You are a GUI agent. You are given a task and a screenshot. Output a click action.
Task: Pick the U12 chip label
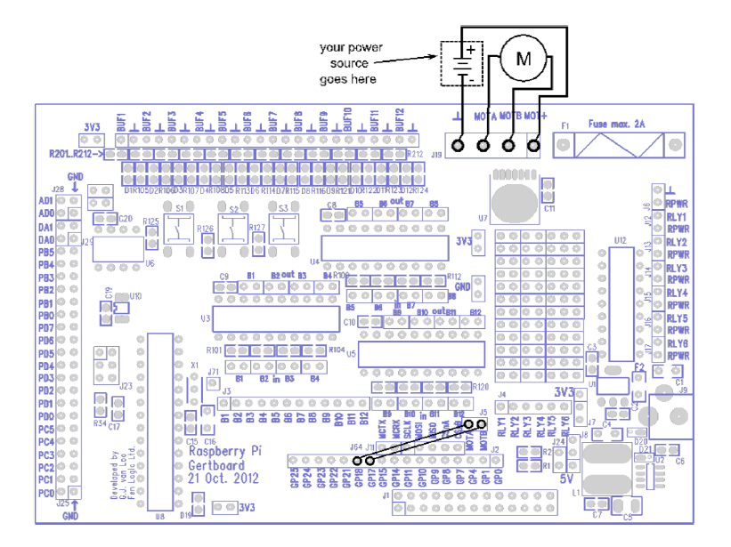[621, 240]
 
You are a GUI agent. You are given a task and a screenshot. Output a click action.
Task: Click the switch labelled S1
[181, 208]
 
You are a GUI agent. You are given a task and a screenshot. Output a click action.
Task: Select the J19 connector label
[436, 153]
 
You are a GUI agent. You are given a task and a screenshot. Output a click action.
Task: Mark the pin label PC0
[46, 492]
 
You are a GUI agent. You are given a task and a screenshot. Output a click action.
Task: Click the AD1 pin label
[45, 201]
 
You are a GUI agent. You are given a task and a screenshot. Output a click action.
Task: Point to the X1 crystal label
[194, 365]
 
